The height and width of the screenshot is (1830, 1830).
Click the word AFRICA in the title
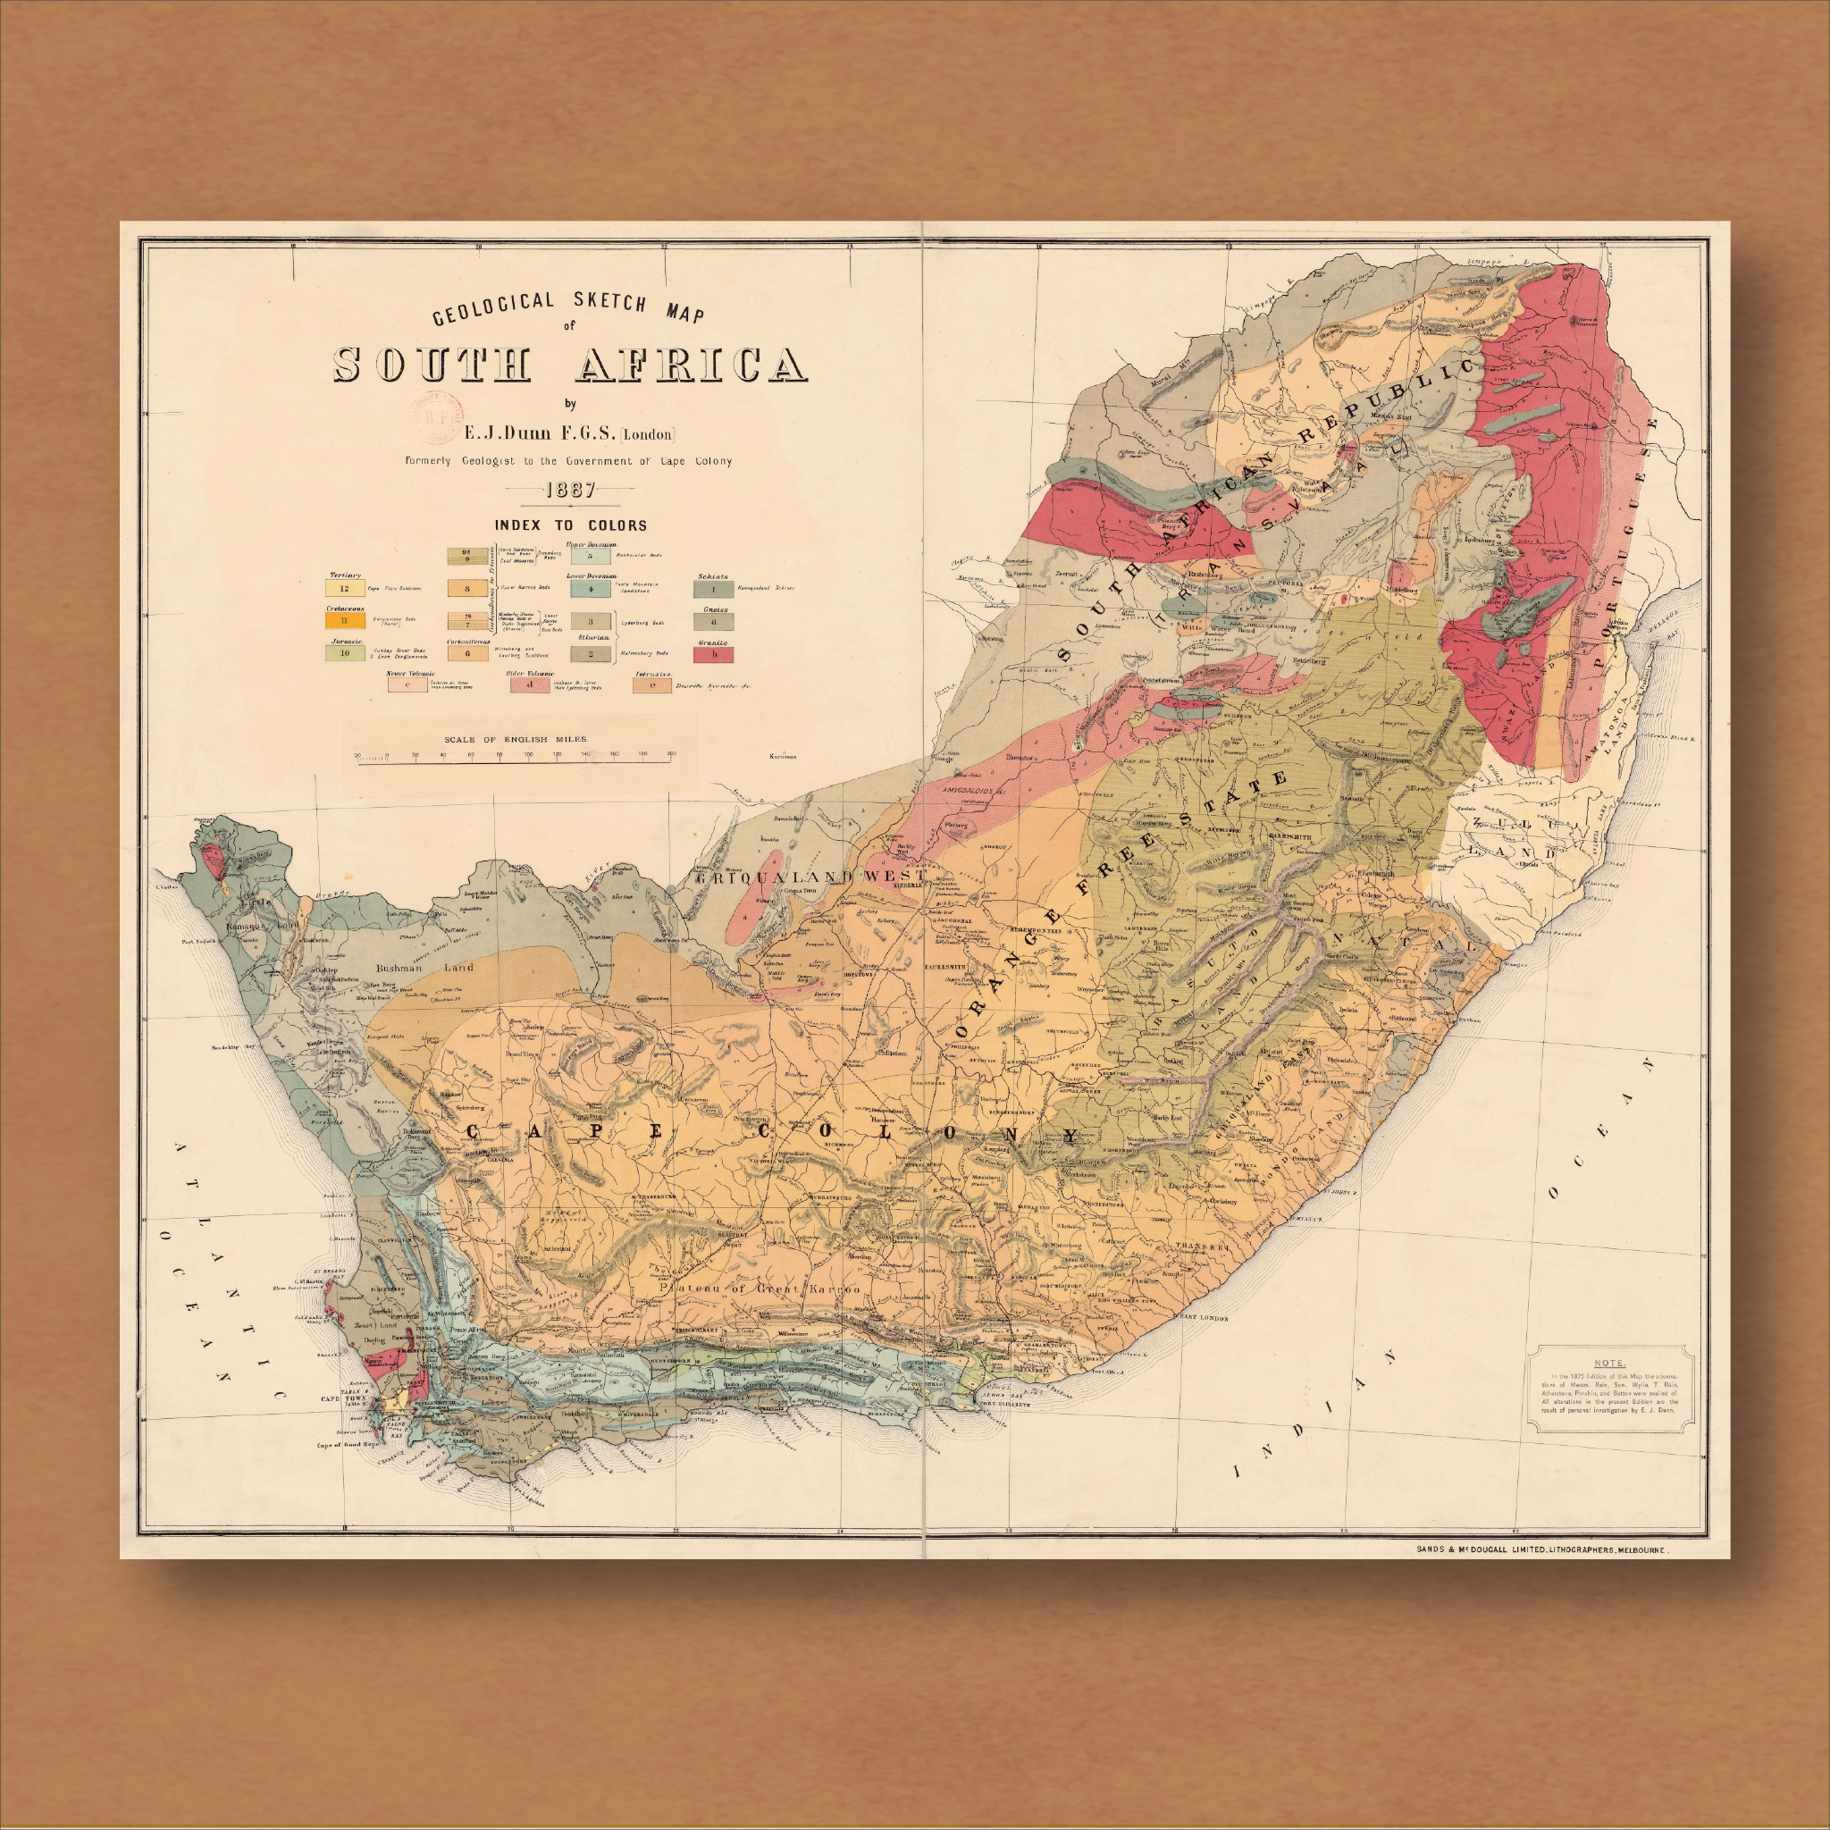point(692,365)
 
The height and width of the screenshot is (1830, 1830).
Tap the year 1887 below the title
point(570,490)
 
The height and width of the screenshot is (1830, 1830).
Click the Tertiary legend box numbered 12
point(344,588)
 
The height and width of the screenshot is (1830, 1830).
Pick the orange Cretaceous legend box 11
point(345,620)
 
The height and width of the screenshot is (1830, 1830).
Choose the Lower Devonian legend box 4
point(590,588)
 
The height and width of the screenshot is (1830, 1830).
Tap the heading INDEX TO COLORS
point(570,525)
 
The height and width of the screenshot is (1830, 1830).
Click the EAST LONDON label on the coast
point(1202,1319)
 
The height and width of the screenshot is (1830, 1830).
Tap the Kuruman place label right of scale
point(783,757)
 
